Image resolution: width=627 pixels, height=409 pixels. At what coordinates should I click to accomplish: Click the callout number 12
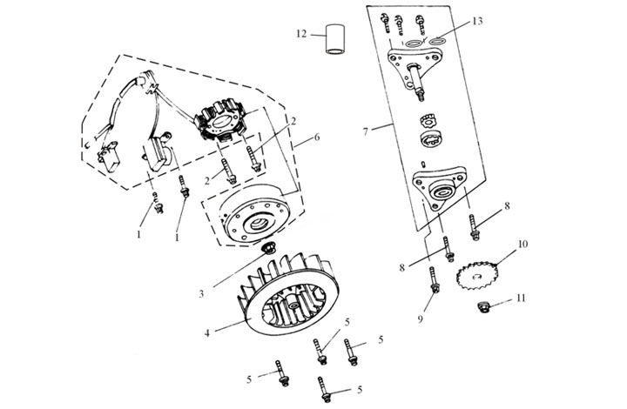300,35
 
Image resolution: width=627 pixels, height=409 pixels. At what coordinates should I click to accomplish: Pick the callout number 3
201,293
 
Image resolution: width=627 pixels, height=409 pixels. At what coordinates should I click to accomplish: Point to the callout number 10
522,246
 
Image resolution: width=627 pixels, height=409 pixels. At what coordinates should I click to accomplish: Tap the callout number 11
522,298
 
